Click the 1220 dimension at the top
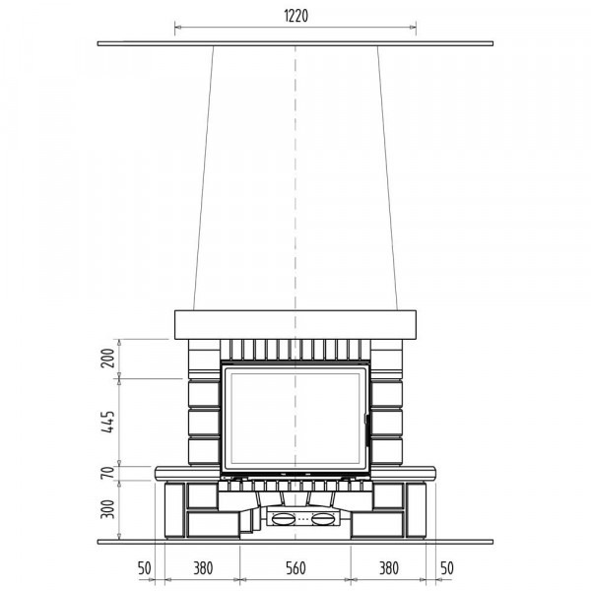(295, 16)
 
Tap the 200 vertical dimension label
(108, 359)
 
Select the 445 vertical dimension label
(108, 422)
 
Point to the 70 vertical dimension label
(108, 473)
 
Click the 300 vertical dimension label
(108, 509)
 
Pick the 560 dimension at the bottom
(295, 568)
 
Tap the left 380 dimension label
(203, 568)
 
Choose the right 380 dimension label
(389, 568)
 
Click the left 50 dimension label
(145, 568)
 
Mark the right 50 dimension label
(447, 568)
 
